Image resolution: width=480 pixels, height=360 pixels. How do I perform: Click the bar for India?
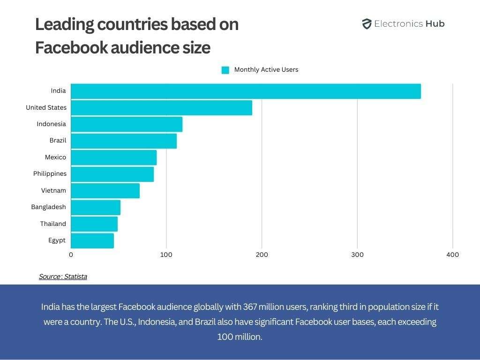246,91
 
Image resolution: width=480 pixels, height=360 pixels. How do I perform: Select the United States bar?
161,108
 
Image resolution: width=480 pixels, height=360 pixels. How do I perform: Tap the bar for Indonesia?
127,124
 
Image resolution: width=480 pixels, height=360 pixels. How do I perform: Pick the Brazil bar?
124,141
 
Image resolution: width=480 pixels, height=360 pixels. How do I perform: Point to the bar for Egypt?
92,240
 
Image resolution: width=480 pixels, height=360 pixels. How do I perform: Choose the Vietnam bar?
105,191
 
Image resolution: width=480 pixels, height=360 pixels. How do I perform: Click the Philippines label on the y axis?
50,174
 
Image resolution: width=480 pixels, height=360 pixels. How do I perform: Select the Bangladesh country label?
48,207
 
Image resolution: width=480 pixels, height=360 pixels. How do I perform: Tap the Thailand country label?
53,224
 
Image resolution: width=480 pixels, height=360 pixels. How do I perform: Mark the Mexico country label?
55,157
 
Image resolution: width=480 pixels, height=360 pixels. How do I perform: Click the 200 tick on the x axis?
262,255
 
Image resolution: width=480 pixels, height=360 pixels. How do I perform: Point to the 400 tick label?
452,255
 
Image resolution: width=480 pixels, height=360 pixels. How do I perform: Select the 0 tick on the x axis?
71,255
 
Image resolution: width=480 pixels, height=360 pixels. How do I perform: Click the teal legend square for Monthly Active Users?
225,70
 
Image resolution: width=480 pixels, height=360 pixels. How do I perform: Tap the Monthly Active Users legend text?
266,70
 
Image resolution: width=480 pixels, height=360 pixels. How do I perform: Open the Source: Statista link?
63,277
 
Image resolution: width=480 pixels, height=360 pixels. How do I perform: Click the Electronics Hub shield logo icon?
367,24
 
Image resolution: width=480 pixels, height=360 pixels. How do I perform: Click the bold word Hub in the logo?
435,24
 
